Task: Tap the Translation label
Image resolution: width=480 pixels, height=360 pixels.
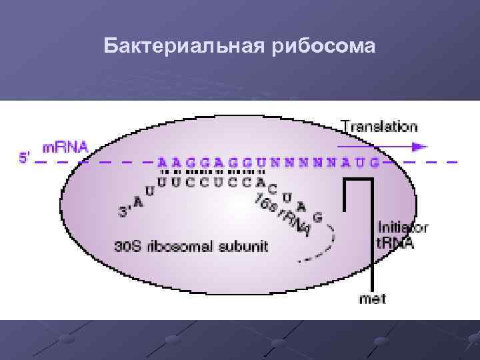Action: [x=379, y=126]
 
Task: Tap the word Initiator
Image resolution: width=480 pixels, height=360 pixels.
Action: [x=403, y=227]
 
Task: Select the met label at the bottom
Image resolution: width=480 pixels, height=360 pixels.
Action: [x=372, y=299]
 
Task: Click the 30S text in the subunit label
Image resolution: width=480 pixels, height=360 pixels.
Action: [x=127, y=247]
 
